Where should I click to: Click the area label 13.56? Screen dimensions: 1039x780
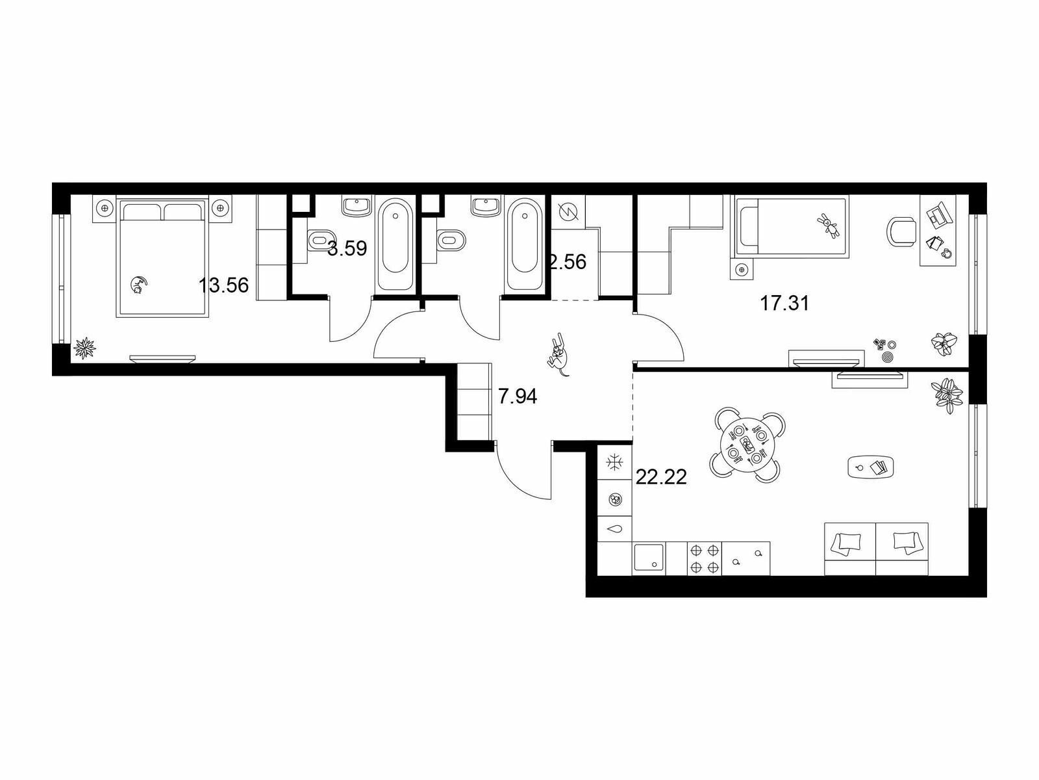[224, 285]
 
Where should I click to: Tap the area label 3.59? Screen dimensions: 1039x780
[347, 248]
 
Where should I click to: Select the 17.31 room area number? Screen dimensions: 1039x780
[784, 303]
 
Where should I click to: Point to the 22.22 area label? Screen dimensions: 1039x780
[661, 477]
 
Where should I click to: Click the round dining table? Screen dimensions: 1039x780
[747, 446]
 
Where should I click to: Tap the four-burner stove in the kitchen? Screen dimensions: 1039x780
[705, 559]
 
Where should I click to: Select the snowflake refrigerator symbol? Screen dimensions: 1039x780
[614, 463]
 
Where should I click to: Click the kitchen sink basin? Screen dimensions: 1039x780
[649, 559]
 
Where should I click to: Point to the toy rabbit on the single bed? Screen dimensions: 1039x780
[829, 226]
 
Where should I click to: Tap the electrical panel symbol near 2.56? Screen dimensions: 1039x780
[568, 212]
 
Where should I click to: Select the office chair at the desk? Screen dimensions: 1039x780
[901, 231]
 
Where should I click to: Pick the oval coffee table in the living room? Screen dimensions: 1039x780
[871, 467]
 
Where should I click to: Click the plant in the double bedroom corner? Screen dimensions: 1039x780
[84, 348]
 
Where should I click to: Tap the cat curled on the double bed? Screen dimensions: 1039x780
[139, 285]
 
